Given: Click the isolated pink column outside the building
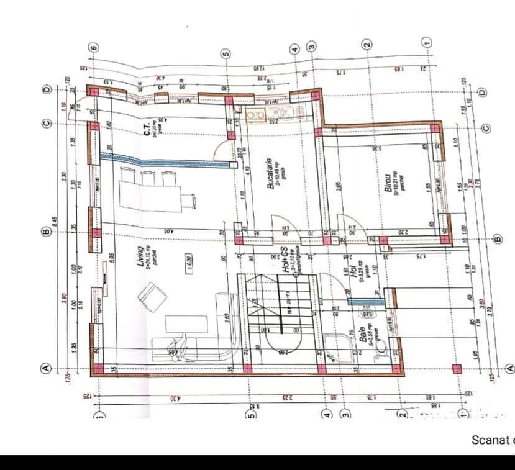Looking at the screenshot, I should point(457,368).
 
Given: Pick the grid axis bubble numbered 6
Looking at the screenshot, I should point(94,48).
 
